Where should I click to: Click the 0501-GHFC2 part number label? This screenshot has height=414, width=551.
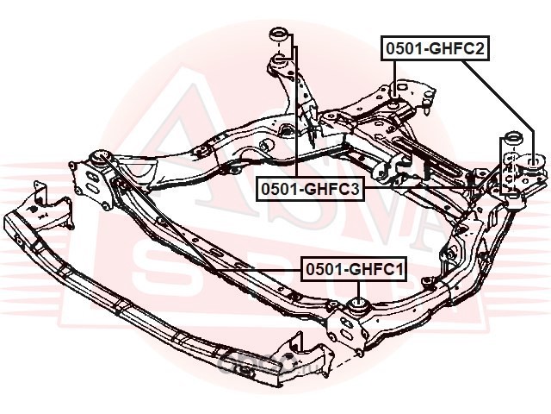(436, 49)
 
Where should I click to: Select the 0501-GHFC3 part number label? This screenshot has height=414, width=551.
(307, 188)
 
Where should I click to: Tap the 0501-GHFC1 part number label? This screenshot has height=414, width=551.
(353, 271)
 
